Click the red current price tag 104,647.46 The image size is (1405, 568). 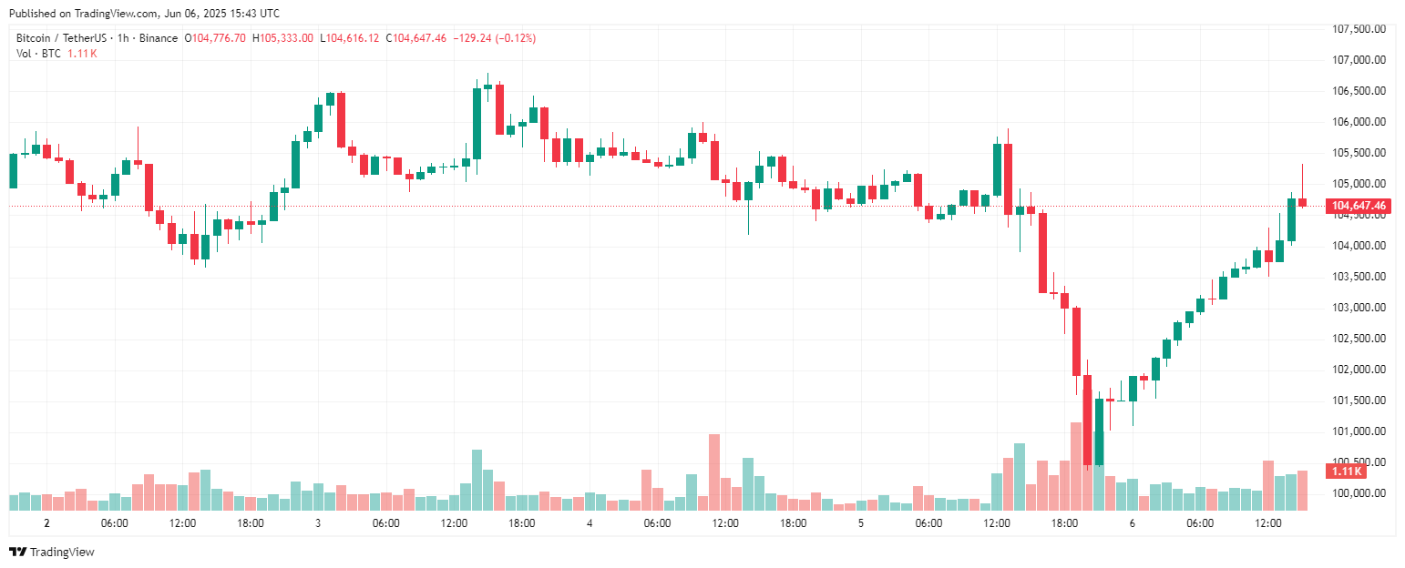click(1359, 207)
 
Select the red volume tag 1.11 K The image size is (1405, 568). click(1347, 472)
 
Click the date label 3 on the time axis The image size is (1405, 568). click(318, 523)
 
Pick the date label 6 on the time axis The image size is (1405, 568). click(1133, 523)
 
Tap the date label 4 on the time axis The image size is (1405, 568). click(590, 523)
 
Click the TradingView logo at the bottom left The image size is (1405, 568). click(52, 552)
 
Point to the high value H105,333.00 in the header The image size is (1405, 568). click(282, 38)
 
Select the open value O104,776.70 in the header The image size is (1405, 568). click(215, 38)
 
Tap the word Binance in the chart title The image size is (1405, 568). click(159, 38)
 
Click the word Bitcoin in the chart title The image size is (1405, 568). click(35, 38)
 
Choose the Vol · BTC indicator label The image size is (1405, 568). click(38, 54)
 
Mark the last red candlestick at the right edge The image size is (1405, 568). click(1303, 202)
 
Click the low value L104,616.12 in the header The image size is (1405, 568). click(351, 38)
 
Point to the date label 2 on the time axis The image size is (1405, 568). click(46, 523)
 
